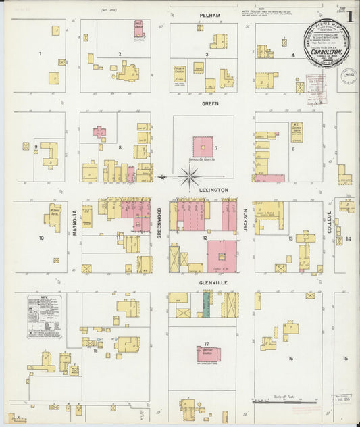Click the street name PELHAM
(206, 14)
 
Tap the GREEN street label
(209, 104)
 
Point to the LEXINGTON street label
(213, 191)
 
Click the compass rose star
(190, 178)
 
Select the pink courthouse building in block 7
(203, 147)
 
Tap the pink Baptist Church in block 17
(208, 353)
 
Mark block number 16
(290, 359)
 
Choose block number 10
(41, 238)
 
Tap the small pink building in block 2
(138, 28)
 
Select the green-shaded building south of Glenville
(206, 305)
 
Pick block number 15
(345, 359)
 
